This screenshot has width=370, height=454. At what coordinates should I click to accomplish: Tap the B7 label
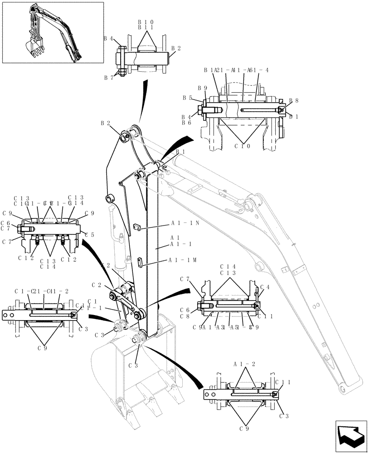click(108, 78)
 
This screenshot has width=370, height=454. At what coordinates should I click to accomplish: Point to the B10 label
click(146, 22)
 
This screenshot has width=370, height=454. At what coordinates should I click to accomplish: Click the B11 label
click(146, 28)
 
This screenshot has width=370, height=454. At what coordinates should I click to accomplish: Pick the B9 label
click(202, 88)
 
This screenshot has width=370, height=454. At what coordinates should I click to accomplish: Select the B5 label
click(187, 98)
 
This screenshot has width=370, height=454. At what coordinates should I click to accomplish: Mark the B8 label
click(293, 101)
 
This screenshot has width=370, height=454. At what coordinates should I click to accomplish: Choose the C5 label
click(89, 235)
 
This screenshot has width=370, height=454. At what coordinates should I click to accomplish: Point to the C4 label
click(265, 287)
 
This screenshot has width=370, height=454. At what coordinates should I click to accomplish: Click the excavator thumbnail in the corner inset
click(53, 32)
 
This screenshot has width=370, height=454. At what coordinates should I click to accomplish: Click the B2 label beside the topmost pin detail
click(176, 48)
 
